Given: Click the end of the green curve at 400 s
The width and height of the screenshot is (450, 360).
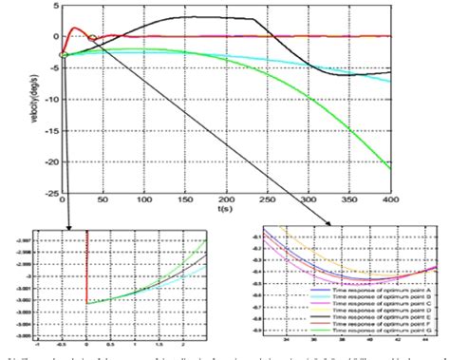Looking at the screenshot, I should (389, 167).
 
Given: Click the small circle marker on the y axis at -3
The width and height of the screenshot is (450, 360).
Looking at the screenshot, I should (63, 55).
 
